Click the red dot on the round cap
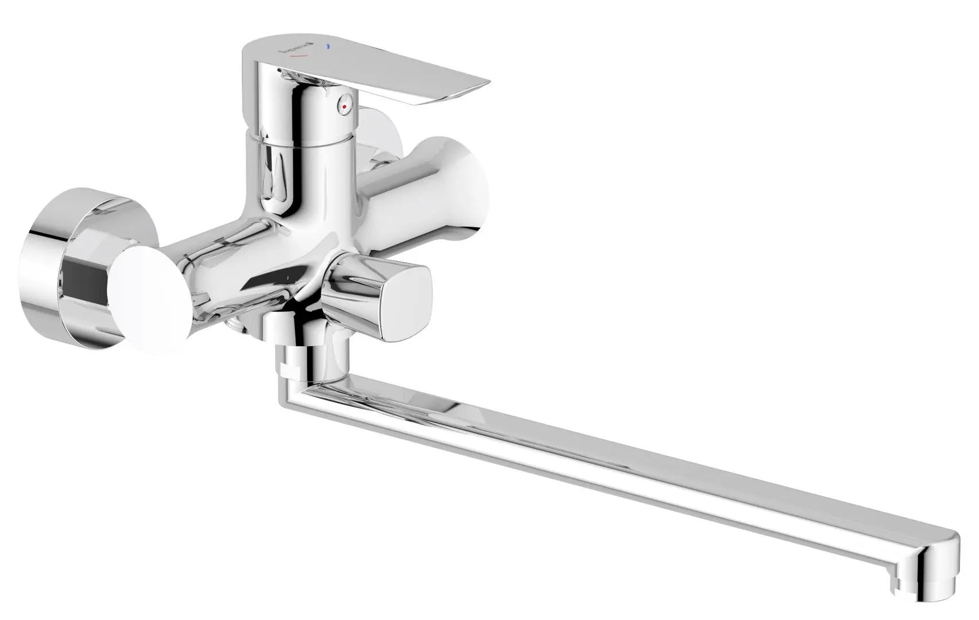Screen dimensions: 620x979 point(344,107)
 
